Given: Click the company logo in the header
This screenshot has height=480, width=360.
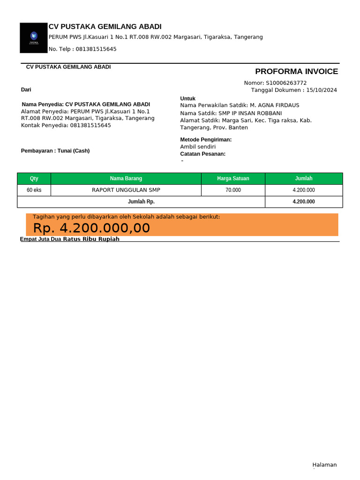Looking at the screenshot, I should click(x=34, y=37).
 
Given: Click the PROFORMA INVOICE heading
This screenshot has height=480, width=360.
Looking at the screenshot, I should click(x=296, y=71).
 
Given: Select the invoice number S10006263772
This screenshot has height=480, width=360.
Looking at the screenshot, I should click(x=286, y=83).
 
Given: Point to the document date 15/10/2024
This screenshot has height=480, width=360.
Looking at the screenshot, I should click(x=322, y=90).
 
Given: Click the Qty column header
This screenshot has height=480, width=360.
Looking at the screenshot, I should click(x=34, y=179).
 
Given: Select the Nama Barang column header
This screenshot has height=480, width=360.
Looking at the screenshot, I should click(x=126, y=179).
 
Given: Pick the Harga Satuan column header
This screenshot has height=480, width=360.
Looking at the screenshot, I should click(x=233, y=179).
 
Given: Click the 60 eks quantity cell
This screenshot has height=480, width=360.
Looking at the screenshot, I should click(x=34, y=190).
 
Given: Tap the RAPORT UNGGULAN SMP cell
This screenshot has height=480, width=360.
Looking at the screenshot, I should click(x=126, y=190).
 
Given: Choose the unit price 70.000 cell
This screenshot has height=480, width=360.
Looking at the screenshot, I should click(x=233, y=190).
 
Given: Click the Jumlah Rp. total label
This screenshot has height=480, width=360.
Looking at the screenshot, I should click(x=141, y=202).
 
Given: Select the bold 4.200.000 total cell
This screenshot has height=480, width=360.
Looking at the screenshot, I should click(x=304, y=202).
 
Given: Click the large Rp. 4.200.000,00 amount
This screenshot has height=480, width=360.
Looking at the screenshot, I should click(x=91, y=228).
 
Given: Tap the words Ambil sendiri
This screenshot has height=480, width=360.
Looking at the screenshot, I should click(x=198, y=147).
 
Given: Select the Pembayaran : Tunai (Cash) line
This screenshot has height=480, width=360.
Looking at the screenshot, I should click(x=55, y=150).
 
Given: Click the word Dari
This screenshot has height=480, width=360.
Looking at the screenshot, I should click(x=26, y=90).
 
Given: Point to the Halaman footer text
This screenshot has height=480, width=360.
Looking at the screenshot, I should click(x=324, y=465).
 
